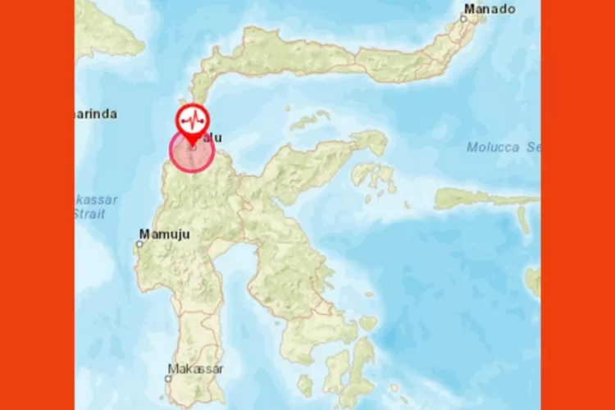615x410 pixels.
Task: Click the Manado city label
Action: tap(490, 10)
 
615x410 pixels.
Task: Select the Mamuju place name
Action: tap(165, 235)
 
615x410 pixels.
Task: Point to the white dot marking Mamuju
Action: tap(139, 242)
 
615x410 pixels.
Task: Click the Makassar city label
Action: tap(195, 369)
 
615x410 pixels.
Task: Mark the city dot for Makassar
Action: tap(171, 378)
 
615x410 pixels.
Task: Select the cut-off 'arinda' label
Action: tap(97, 114)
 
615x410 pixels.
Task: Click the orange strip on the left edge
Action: tap(37, 205)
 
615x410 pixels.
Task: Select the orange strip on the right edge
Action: tap(577, 205)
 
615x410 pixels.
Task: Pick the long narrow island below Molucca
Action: tap(484, 198)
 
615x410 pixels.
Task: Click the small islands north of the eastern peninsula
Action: tap(311, 121)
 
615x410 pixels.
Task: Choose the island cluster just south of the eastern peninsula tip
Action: tap(373, 177)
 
